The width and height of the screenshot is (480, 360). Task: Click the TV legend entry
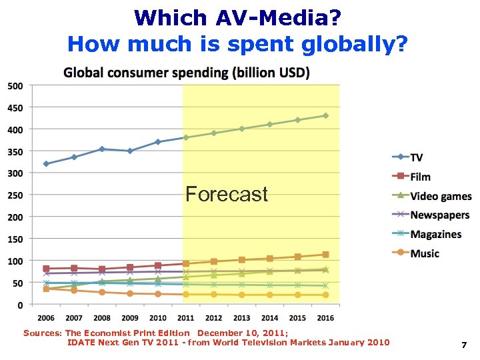pyautogui.click(x=416, y=157)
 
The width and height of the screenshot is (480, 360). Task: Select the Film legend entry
pyautogui.click(x=420, y=177)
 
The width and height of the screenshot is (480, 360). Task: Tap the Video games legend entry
pyautogui.click(x=440, y=196)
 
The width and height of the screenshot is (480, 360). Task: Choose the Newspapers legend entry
pyautogui.click(x=439, y=215)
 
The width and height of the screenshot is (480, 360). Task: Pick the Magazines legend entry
pyautogui.click(x=435, y=235)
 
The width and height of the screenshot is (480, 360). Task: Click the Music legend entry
pyautogui.click(x=425, y=253)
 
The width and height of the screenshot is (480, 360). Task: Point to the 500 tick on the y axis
pyautogui.click(x=15, y=85)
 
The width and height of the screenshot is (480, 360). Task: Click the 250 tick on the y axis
pyautogui.click(x=15, y=195)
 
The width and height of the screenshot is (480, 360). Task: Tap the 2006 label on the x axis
pyautogui.click(x=46, y=318)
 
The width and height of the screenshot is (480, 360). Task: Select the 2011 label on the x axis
pyautogui.click(x=186, y=318)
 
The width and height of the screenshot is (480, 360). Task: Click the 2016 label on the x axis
pyautogui.click(x=325, y=318)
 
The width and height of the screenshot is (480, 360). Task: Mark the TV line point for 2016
pyautogui.click(x=325, y=115)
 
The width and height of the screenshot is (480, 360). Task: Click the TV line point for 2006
pyautogui.click(x=46, y=163)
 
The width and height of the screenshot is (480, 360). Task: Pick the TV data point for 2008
pyautogui.click(x=102, y=149)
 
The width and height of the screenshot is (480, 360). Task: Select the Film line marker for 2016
pyautogui.click(x=325, y=255)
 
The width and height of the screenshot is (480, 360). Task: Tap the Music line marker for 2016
pyautogui.click(x=325, y=295)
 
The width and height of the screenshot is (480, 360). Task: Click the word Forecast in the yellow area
pyautogui.click(x=227, y=195)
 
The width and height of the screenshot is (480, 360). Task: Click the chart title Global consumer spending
pyautogui.click(x=186, y=72)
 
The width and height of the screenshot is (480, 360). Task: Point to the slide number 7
pyautogui.click(x=463, y=345)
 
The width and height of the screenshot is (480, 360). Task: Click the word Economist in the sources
pyautogui.click(x=109, y=332)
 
